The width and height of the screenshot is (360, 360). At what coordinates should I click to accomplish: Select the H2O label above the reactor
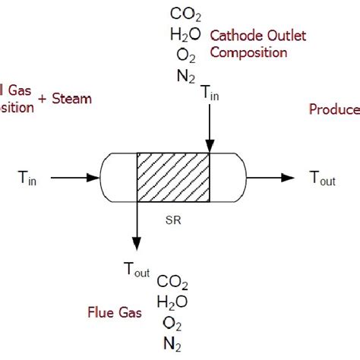click(185, 33)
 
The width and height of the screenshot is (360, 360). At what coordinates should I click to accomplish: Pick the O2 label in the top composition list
click(185, 54)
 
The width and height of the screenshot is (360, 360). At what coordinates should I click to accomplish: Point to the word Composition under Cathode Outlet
click(248, 52)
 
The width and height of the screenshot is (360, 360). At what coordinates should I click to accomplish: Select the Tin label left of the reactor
click(28, 178)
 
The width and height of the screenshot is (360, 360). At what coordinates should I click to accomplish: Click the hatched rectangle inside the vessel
click(172, 178)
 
